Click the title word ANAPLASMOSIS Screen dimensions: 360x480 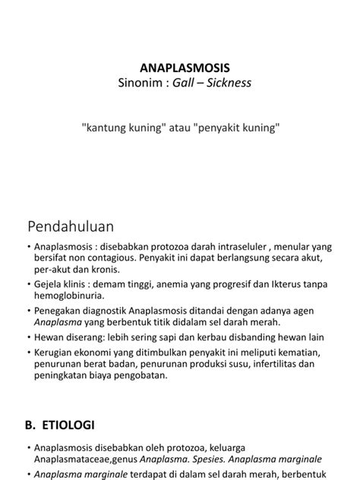pos(179,67)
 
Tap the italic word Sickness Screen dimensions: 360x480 pos(224,82)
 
